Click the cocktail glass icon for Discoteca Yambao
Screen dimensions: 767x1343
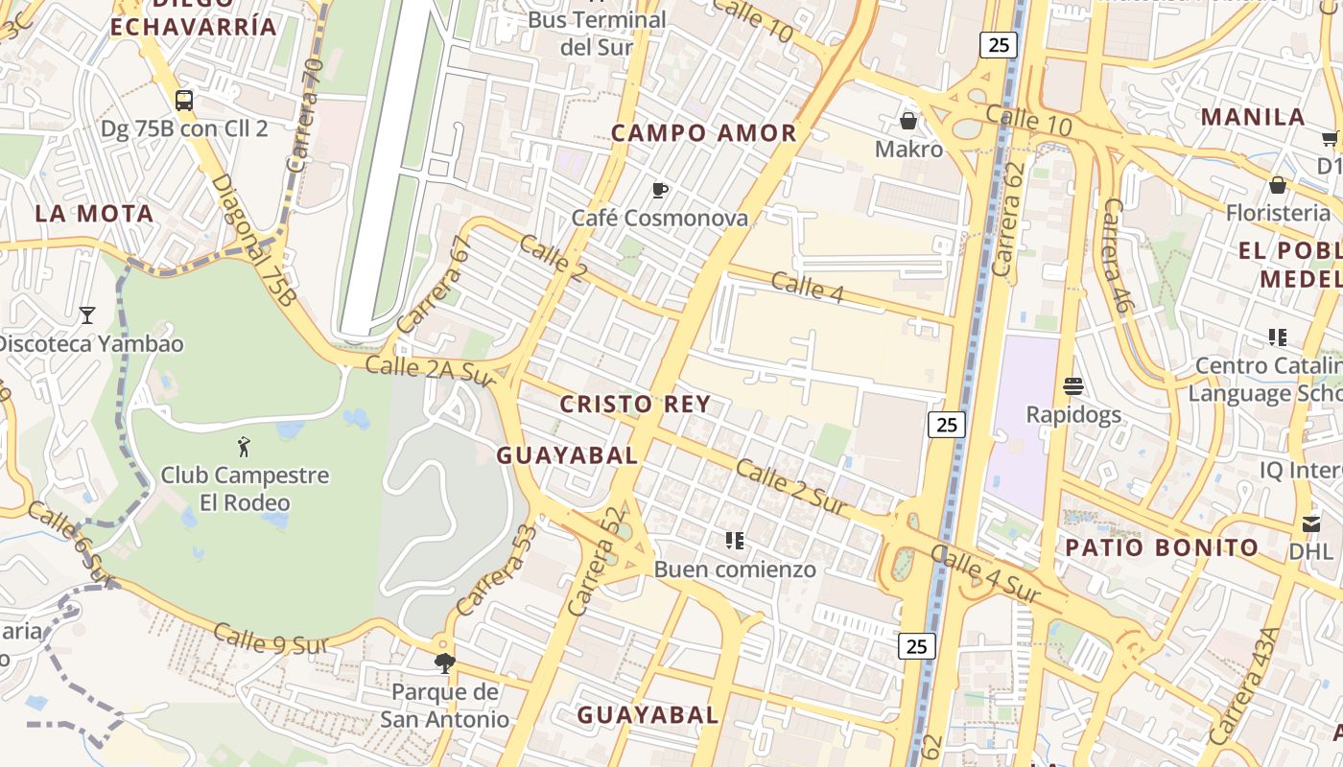click(x=87, y=314)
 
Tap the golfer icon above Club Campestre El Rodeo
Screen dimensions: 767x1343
click(x=245, y=446)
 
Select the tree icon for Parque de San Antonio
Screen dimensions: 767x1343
click(x=444, y=662)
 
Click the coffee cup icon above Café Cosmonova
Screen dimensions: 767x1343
click(x=660, y=190)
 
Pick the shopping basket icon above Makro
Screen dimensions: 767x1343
click(x=907, y=121)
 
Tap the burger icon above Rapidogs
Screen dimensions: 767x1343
click(x=1073, y=386)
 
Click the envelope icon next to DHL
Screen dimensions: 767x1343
click(x=1311, y=523)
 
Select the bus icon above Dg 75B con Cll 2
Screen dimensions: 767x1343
click(x=184, y=100)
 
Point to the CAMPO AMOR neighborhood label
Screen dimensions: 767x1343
click(x=704, y=133)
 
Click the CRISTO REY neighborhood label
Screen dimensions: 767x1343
click(x=635, y=404)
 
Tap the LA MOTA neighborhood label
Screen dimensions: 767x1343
click(x=94, y=214)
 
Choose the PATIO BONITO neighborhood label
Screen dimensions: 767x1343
click(x=1163, y=547)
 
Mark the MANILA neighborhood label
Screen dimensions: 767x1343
click(x=1253, y=117)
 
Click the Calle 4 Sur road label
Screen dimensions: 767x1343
click(x=984, y=574)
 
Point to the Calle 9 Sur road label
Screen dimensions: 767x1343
click(x=271, y=639)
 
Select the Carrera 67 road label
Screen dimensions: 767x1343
click(x=435, y=285)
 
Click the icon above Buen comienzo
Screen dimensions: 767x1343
click(x=735, y=541)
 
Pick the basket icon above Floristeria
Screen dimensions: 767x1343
click(x=1277, y=185)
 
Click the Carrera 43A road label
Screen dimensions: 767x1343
click(x=1244, y=686)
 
